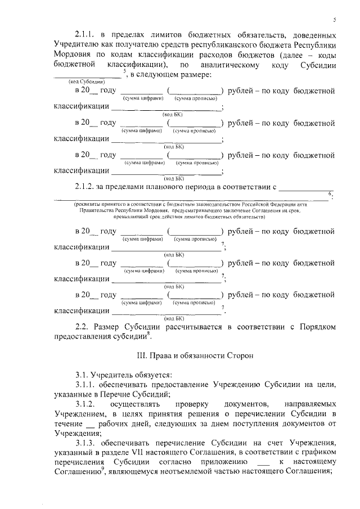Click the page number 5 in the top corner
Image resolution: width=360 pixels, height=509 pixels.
pos(335,20)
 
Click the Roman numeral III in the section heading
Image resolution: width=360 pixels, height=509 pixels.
pos(141,356)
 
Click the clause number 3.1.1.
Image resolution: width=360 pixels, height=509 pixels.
pos(87,385)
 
